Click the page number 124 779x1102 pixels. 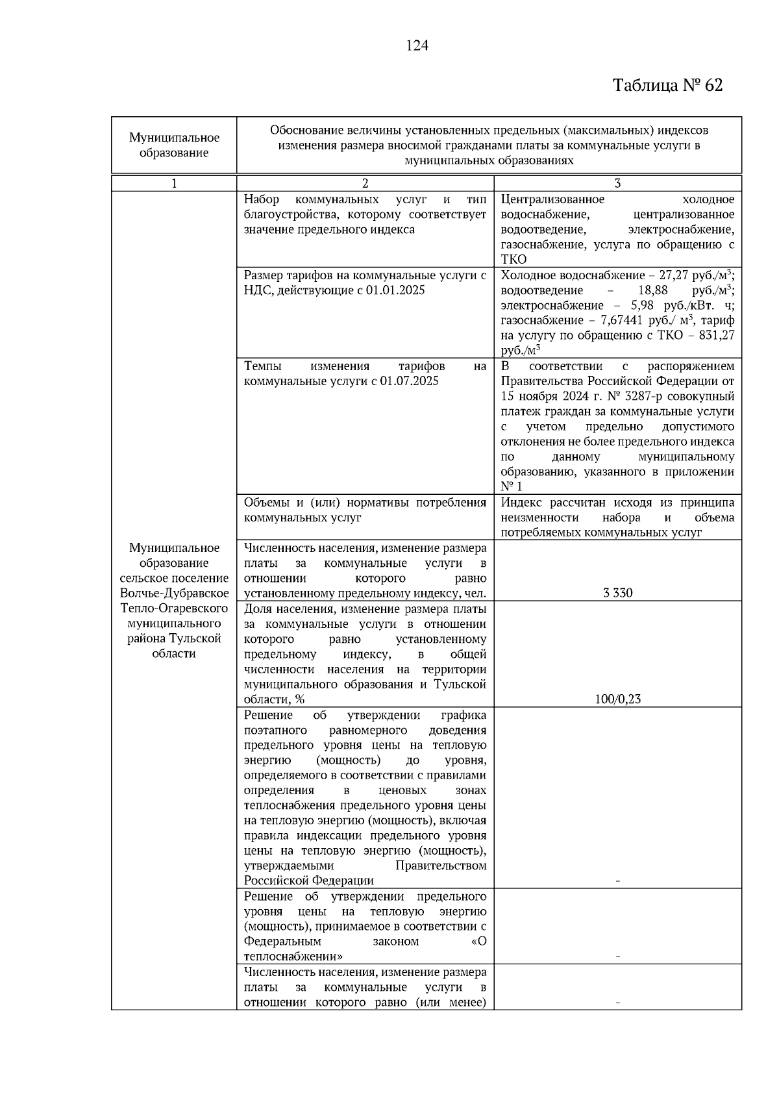[417, 46]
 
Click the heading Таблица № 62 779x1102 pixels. [667, 86]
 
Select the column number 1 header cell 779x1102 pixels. [174, 184]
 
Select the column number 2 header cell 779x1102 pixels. [365, 184]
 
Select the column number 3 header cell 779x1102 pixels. [617, 184]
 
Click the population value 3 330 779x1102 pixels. [617, 593]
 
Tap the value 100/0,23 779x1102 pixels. [617, 699]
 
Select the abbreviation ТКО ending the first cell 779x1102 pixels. [514, 260]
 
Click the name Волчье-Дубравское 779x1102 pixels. [174, 593]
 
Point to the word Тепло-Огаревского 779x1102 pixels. [174, 608]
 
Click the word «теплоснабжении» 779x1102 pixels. [293, 957]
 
